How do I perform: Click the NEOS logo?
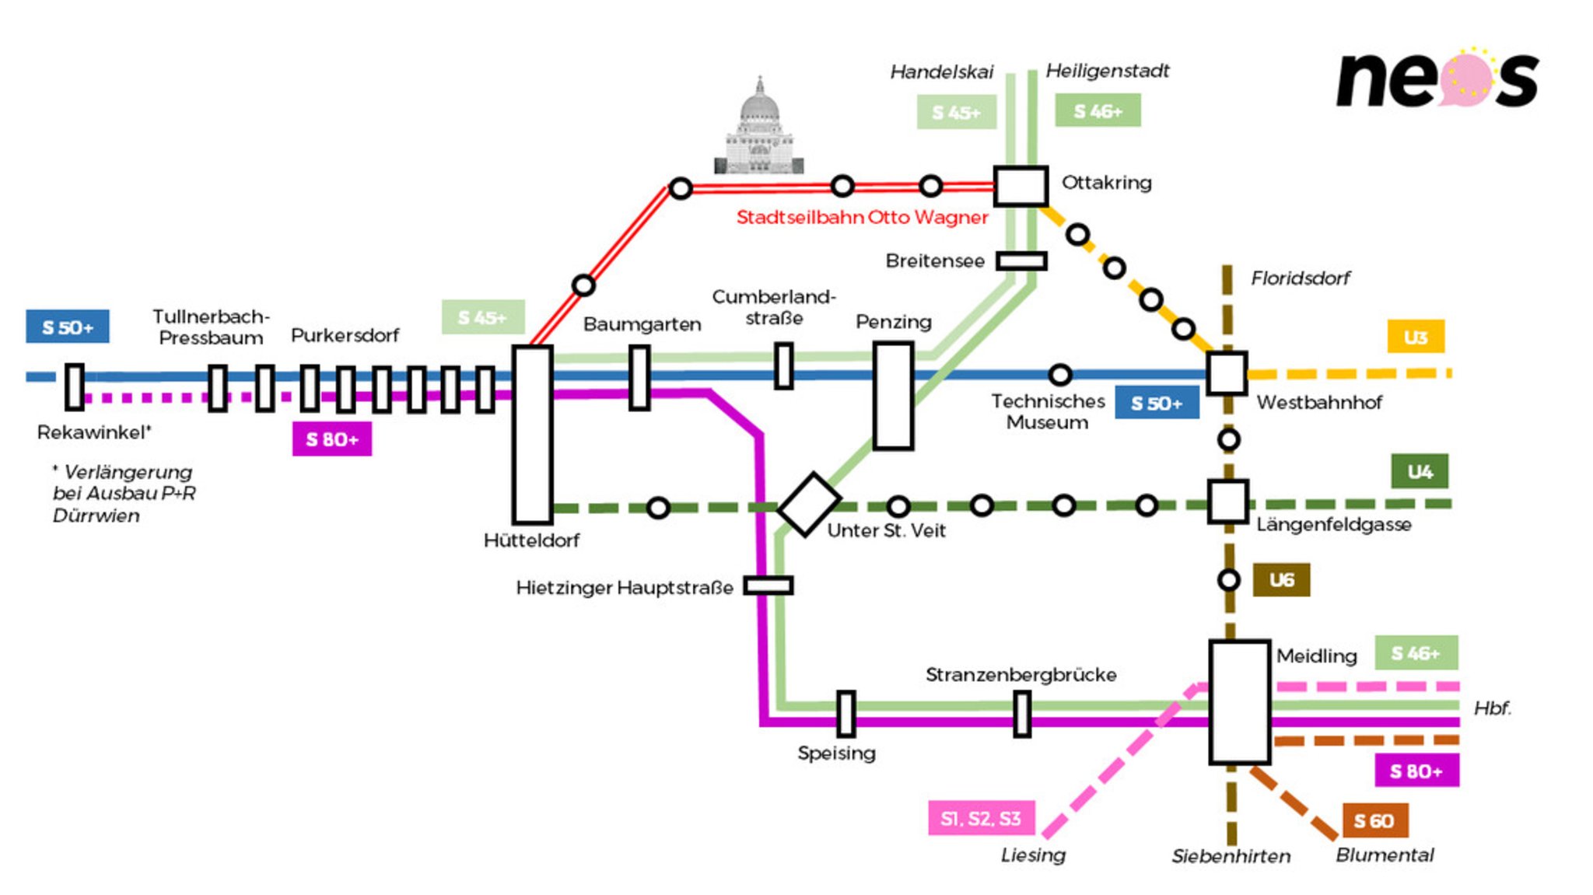coord(1437,79)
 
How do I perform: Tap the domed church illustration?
coord(758,128)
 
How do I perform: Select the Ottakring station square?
coord(1020,186)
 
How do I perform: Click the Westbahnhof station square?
coord(1227,373)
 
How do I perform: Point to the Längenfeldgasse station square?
coord(1227,502)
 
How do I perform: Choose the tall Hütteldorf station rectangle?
coord(532,435)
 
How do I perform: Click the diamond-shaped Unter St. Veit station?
coord(809,505)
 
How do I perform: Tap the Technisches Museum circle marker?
coord(1059,375)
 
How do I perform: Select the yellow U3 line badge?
coord(1415,337)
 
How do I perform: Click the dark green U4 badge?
coord(1420,471)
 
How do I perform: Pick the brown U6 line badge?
coord(1281,580)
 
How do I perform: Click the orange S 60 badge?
coord(1374,820)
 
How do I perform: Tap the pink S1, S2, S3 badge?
coord(981,818)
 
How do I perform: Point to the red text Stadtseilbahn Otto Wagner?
coord(862,217)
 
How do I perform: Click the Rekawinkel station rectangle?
coord(74,386)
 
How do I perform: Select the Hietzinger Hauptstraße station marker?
coord(768,586)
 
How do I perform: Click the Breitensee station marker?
coord(1021,260)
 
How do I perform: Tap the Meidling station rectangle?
coord(1239,702)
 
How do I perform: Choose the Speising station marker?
coord(846,714)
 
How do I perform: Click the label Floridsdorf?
coord(1300,278)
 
